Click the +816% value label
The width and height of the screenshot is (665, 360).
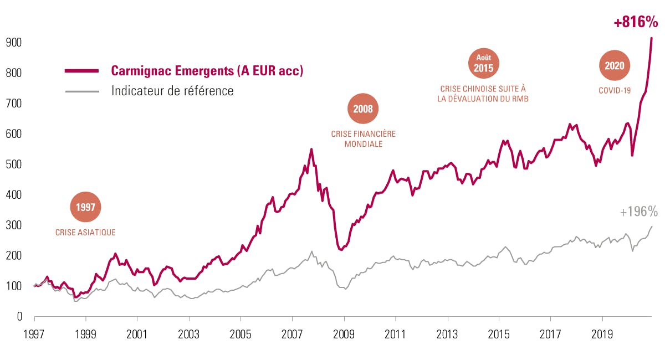636,23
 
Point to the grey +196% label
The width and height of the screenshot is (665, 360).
638,212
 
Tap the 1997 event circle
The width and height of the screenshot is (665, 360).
86,207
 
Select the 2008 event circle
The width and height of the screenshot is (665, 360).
363,109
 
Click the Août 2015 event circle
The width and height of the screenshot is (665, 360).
484,64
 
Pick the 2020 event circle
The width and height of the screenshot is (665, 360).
615,65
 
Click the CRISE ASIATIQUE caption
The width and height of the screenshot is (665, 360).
85,233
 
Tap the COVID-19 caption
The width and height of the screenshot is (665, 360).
615,90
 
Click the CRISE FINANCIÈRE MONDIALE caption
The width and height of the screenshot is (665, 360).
363,139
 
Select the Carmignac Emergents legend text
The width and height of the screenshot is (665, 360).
207,71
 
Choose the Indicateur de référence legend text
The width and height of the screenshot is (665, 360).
172,90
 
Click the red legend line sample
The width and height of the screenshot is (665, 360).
81,71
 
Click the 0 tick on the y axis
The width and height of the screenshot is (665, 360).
18,317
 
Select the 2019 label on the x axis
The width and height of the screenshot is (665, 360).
602,335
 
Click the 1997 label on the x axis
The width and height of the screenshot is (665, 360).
34,335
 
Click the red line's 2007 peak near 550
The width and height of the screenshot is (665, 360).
311,149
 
